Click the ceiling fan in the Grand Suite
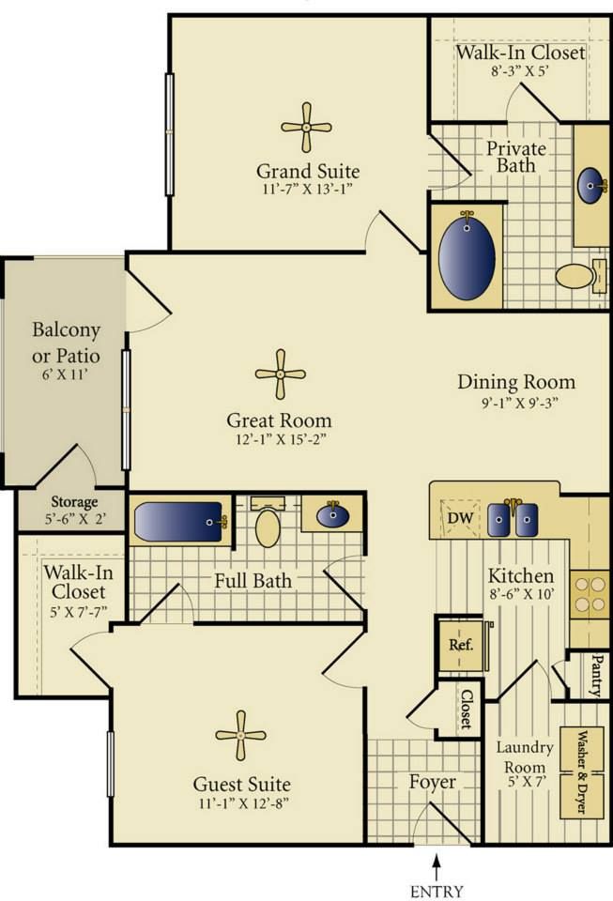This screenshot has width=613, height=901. click(x=306, y=127)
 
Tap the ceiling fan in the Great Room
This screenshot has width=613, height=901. click(x=281, y=374)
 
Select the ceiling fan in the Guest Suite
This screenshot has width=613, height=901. click(x=240, y=736)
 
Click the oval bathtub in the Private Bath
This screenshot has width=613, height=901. click(x=467, y=257)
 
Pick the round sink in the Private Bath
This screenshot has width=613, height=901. click(x=592, y=186)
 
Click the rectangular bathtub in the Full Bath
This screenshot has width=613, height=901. click(x=180, y=522)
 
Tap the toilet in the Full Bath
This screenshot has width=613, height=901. click(x=268, y=523)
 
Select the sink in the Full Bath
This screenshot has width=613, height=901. click(x=332, y=515)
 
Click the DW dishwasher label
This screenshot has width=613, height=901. click(x=461, y=518)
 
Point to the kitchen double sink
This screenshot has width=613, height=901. click(x=513, y=519)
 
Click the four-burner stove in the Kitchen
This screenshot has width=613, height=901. click(x=590, y=594)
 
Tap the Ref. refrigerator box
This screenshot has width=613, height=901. click(x=461, y=645)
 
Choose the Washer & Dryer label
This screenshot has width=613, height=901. click(x=581, y=772)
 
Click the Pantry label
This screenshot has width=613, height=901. click(x=597, y=675)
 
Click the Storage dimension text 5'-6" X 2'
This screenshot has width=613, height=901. click(x=74, y=519)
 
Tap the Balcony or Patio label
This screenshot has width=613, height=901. click(x=66, y=344)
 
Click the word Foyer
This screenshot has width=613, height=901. click(x=432, y=783)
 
